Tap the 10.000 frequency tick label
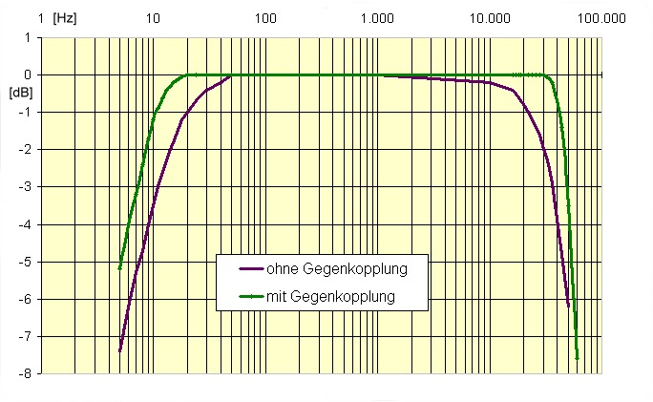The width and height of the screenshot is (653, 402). point(491,18)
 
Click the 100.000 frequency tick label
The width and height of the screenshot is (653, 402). point(601,18)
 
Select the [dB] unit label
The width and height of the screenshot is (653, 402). point(20,93)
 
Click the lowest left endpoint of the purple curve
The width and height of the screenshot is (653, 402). point(119,350)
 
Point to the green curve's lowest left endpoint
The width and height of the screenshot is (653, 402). point(119,268)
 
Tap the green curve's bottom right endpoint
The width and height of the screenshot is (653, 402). point(578,359)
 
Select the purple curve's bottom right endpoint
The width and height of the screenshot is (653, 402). point(569,307)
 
